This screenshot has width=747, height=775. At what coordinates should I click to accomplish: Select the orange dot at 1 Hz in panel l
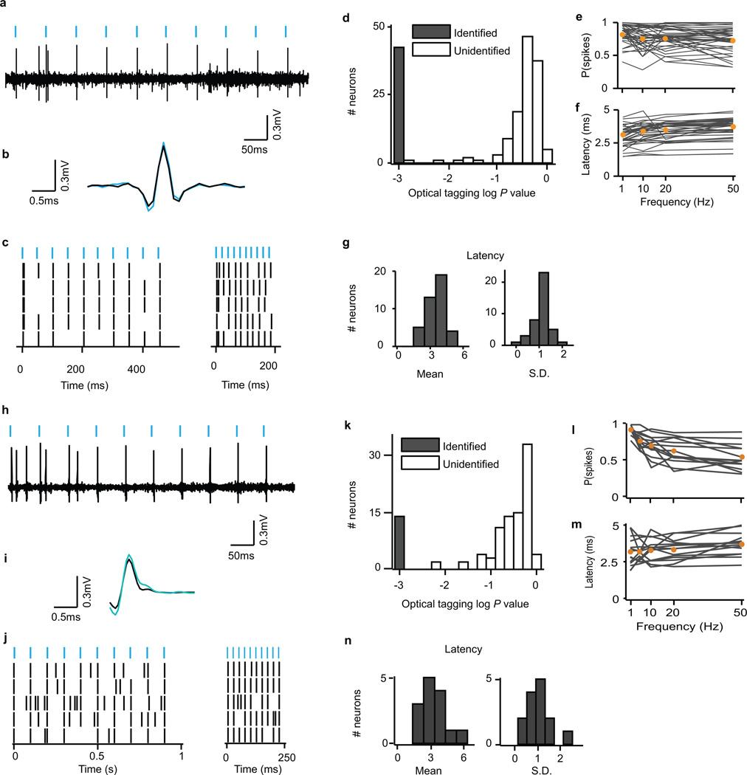pos(630,430)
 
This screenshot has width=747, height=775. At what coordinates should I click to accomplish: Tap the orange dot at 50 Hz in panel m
pos(741,545)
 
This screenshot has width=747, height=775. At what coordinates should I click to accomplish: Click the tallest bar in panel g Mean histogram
pos(441,309)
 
